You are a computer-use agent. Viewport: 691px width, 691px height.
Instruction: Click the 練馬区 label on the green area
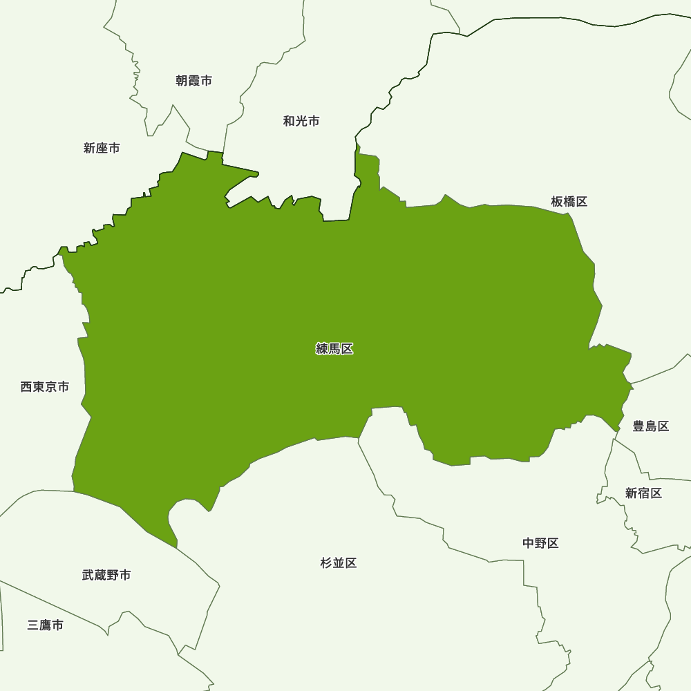click(334, 349)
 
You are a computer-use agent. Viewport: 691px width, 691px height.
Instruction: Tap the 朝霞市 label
click(193, 81)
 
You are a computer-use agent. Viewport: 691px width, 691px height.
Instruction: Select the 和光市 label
click(301, 121)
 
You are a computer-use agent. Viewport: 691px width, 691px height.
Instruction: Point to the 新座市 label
click(102, 148)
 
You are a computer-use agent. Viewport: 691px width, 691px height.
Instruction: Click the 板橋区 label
click(569, 202)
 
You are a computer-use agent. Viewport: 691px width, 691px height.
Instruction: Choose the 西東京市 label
click(45, 387)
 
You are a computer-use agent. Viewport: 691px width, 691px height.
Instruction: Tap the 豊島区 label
click(651, 426)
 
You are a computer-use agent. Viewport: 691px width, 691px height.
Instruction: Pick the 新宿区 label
click(643, 493)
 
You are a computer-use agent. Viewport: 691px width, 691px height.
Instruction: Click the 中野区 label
click(540, 543)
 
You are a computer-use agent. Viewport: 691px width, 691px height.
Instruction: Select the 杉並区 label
click(339, 563)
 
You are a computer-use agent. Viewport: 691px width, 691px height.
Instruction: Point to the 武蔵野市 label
click(106, 575)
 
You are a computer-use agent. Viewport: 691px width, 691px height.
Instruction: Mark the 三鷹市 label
click(46, 625)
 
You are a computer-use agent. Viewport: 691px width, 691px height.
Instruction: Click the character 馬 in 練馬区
click(334, 349)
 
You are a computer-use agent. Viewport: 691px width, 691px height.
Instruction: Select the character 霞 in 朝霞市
click(193, 81)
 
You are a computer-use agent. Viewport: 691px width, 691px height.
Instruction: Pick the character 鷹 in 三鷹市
click(46, 625)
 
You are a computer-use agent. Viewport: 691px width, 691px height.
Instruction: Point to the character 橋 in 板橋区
click(569, 202)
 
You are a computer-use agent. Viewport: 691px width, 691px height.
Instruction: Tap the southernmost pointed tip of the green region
click(176, 547)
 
